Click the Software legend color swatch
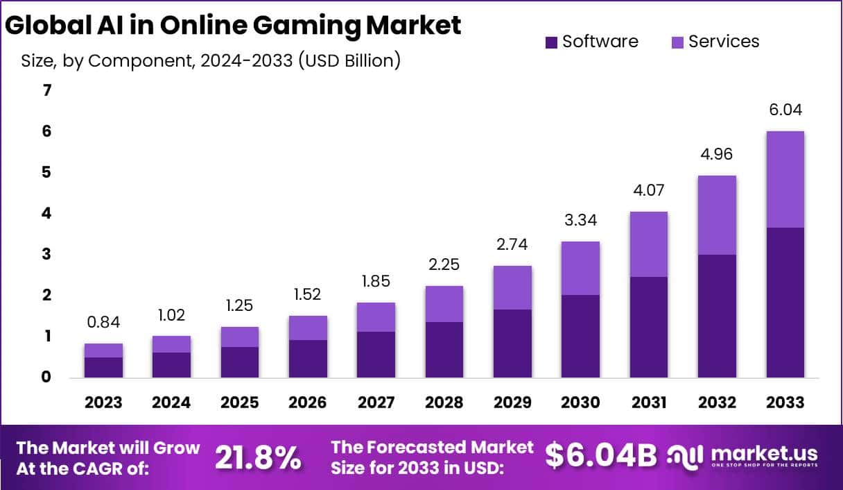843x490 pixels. click(551, 42)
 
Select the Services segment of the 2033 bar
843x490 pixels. click(785, 179)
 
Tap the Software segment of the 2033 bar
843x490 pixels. click(785, 302)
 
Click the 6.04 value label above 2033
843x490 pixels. click(785, 110)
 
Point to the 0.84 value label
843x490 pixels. click(103, 323)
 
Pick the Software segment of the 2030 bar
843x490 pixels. click(580, 336)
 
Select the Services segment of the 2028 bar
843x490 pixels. click(444, 303)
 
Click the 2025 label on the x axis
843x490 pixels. click(240, 403)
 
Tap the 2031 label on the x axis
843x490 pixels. click(649, 403)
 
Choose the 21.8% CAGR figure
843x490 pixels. click(258, 457)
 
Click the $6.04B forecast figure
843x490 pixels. click(600, 455)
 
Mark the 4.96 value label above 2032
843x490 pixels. click(717, 154)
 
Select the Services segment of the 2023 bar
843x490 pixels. click(103, 350)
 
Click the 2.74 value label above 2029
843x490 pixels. click(512, 245)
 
